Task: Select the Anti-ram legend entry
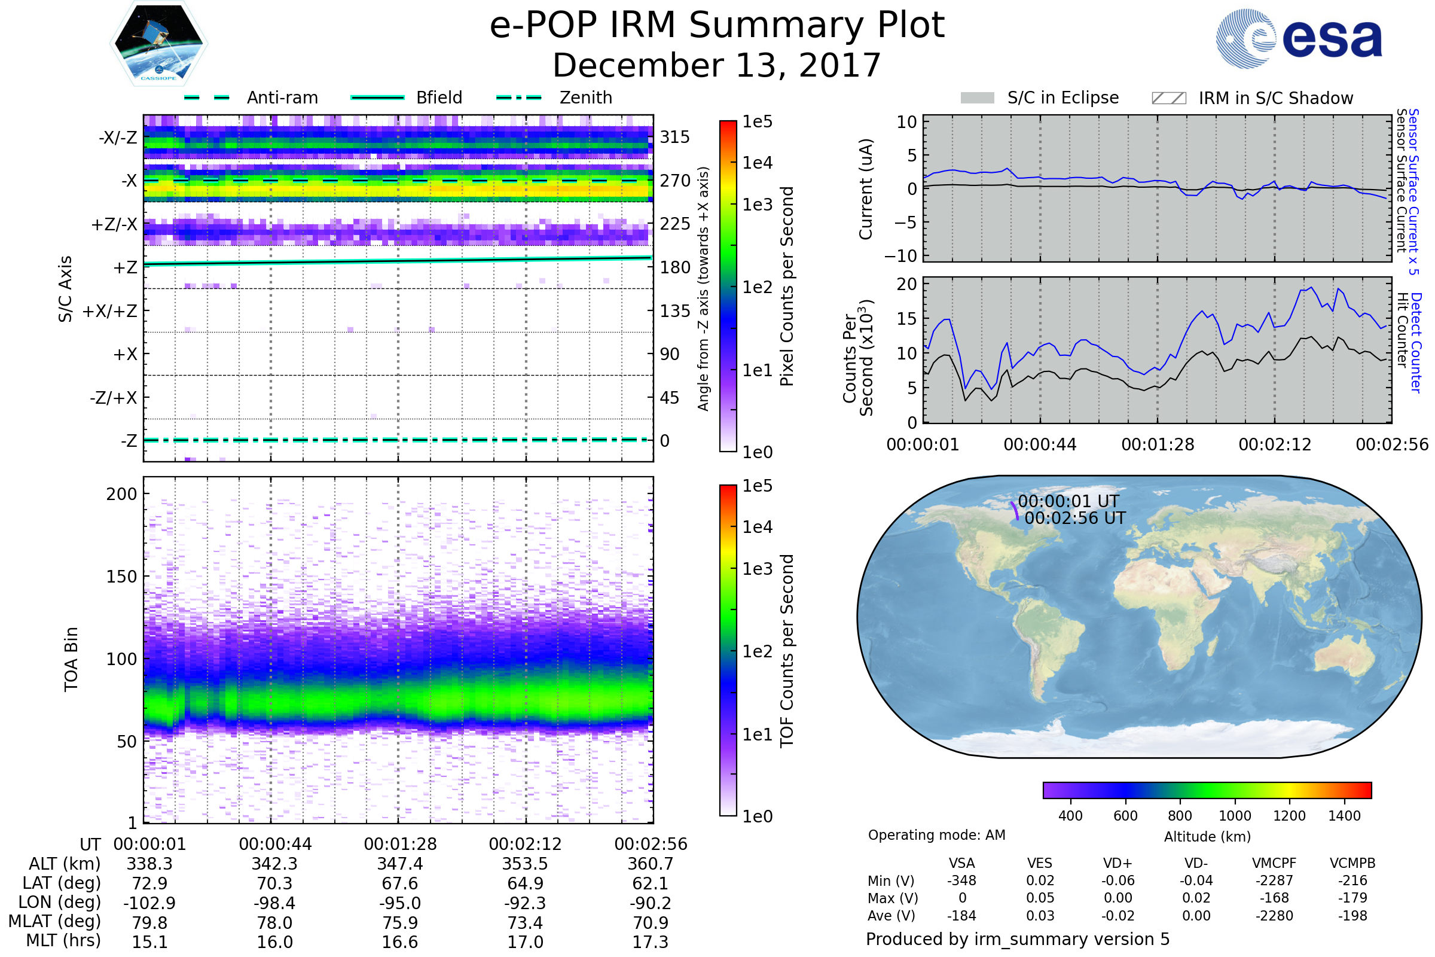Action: click(282, 97)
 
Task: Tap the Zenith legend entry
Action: click(585, 97)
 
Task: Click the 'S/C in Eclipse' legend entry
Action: click(1062, 97)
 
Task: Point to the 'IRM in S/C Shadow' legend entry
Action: click(1275, 98)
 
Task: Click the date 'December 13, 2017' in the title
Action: click(716, 66)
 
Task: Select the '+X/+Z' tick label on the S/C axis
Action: click(110, 311)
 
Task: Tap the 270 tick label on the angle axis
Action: click(675, 181)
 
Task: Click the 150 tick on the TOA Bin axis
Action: click(121, 577)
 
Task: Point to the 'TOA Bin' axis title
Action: click(71, 659)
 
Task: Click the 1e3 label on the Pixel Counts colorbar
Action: click(757, 205)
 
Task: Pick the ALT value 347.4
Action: click(399, 864)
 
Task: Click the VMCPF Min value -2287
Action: click(1274, 880)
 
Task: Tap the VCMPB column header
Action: click(1352, 864)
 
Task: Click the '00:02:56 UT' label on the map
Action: click(1074, 518)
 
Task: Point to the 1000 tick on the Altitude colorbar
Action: click(1234, 816)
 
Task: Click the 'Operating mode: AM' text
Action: click(936, 835)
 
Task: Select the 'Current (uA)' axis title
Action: click(866, 189)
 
